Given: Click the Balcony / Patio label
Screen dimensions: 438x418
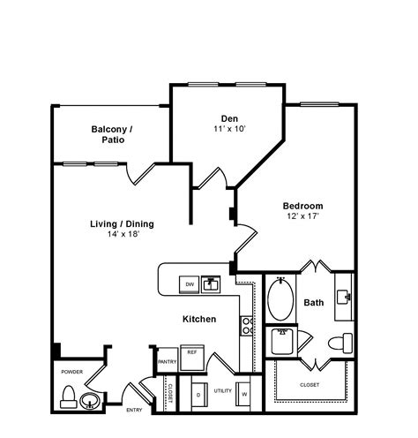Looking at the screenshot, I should [112, 135].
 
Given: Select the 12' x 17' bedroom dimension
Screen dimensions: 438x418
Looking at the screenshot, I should [302, 216].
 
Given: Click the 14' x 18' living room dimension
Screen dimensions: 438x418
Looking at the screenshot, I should [117, 234].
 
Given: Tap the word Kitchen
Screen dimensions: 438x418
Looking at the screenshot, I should [200, 319].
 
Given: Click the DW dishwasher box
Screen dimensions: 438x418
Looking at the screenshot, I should [189, 284].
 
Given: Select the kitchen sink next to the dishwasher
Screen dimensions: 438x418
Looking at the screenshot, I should [211, 284].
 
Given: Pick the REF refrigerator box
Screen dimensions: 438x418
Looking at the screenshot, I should [190, 352].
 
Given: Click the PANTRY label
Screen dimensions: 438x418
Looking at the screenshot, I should [168, 361].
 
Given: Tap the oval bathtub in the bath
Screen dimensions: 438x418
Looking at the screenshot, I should [282, 300].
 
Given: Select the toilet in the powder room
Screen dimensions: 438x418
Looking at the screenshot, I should [69, 402].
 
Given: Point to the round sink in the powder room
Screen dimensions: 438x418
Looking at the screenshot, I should [89, 402].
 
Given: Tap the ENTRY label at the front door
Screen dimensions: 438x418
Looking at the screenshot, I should [134, 410].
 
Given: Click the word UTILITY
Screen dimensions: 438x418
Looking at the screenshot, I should [221, 389].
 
